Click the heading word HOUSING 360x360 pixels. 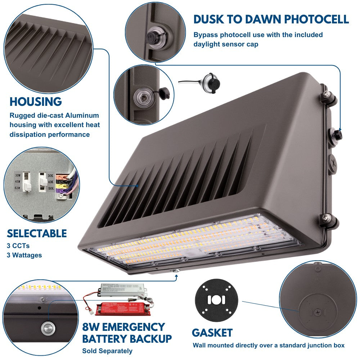coord(36,102)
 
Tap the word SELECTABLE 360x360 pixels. coord(37,233)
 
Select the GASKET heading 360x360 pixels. coord(212,333)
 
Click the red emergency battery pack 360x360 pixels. coord(120,309)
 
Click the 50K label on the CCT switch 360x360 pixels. coord(50,188)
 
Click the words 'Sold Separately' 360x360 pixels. coord(107,351)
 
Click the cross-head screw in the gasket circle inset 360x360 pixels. coord(317,312)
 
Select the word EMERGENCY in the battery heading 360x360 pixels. coord(131,327)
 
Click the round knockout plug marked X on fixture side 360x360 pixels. coord(333,161)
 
